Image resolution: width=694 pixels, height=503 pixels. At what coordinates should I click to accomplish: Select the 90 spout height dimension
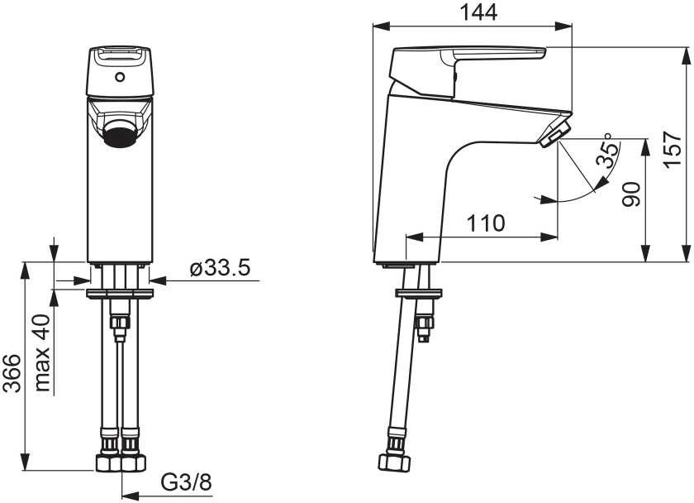click(x=631, y=194)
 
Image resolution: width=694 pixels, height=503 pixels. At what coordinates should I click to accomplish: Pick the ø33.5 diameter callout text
click(x=220, y=268)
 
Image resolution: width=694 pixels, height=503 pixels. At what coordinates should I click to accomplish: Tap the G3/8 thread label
click(x=187, y=481)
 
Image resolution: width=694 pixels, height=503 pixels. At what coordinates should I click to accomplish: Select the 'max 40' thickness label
click(x=41, y=352)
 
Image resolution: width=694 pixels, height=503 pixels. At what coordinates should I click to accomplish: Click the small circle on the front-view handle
click(x=120, y=77)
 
